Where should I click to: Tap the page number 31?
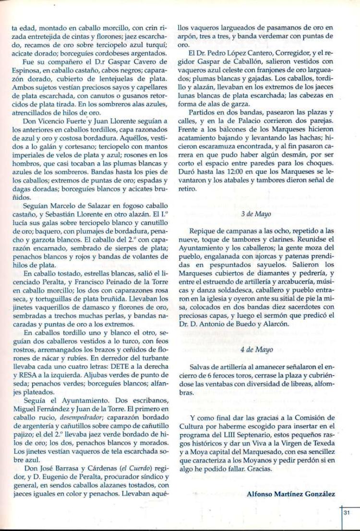348,513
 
